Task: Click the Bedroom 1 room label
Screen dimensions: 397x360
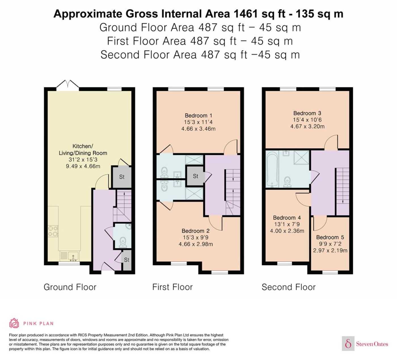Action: pyautogui.click(x=198, y=115)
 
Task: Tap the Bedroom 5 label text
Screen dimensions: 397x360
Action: pyautogui.click(x=330, y=237)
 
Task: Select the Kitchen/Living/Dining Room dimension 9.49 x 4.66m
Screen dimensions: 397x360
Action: pyautogui.click(x=83, y=166)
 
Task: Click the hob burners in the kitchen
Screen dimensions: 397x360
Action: pyautogui.click(x=53, y=231)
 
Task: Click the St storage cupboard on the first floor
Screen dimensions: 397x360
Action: pyautogui.click(x=195, y=176)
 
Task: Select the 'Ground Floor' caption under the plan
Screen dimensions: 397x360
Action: pyautogui.click(x=70, y=287)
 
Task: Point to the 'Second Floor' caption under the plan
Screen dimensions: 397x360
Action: pyautogui.click(x=289, y=287)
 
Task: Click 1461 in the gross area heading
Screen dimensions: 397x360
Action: pyautogui.click(x=245, y=14)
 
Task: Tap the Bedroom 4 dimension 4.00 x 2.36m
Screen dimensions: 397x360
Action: pyautogui.click(x=287, y=231)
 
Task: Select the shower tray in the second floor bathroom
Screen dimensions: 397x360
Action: pyautogui.click(x=301, y=157)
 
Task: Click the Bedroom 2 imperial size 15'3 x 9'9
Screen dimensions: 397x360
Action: pyautogui.click(x=196, y=237)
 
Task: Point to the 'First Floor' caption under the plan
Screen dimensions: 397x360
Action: pyautogui.click(x=172, y=287)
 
